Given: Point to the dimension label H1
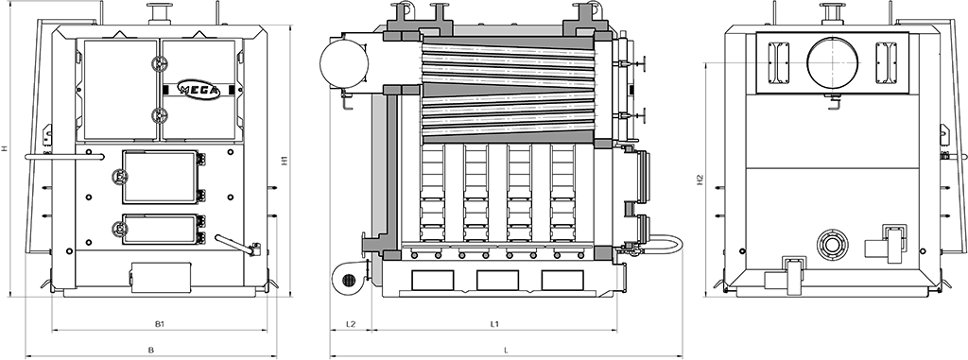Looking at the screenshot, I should [x=285, y=161].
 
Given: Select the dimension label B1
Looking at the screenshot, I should [x=159, y=324].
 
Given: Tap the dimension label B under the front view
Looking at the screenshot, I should [x=151, y=351].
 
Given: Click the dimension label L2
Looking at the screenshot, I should [x=351, y=324].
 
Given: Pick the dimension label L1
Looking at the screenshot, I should [x=494, y=324].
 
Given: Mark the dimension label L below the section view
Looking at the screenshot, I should [x=507, y=351].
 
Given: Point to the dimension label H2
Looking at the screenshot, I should [x=699, y=179].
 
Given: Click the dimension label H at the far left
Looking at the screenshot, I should [x=5, y=148].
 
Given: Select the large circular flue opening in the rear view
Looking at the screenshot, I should [x=830, y=60].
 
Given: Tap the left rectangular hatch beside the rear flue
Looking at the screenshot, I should [x=778, y=61].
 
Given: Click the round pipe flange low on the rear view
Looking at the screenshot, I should [x=833, y=245].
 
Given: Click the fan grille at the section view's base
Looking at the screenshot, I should [x=349, y=280].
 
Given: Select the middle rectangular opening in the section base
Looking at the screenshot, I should [x=497, y=280].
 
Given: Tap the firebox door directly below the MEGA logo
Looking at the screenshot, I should [x=159, y=177].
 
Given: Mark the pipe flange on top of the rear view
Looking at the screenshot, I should [x=833, y=13].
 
